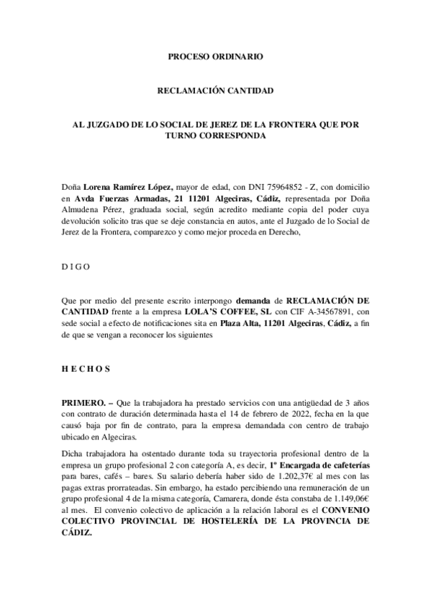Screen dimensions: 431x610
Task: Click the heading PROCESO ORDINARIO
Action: [x=215, y=55]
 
